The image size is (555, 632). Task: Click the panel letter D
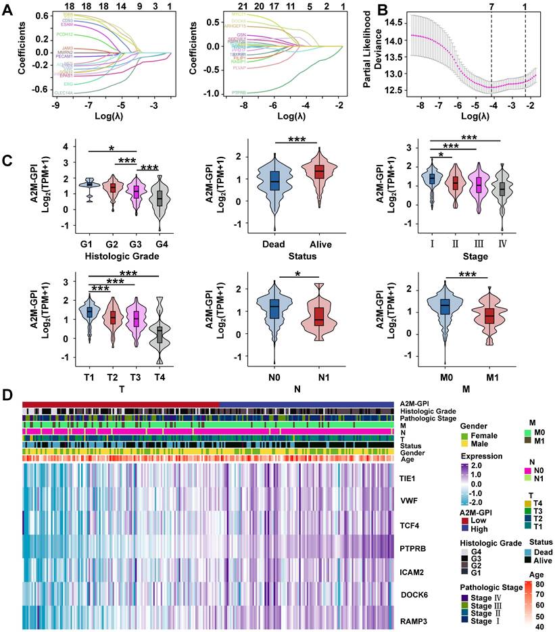click(9, 394)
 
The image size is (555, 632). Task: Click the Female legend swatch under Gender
click(464, 437)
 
